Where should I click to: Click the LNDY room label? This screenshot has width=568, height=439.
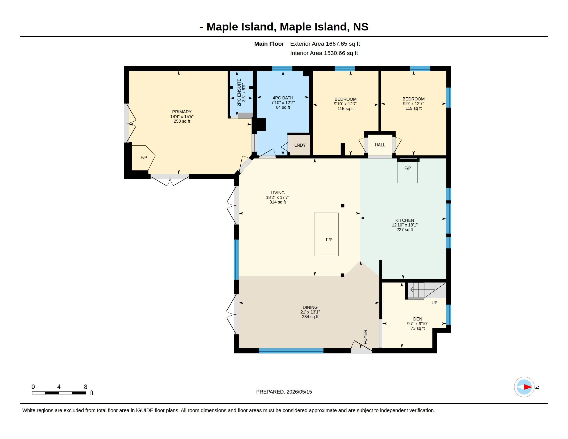[x=300, y=145]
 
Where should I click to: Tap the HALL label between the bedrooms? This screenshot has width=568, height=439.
[x=380, y=145]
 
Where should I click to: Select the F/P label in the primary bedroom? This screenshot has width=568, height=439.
[x=144, y=158]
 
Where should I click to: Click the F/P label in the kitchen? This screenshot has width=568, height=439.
[x=407, y=168]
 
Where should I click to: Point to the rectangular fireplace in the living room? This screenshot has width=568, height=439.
[x=326, y=234]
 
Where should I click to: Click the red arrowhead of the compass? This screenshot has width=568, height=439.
[x=528, y=387]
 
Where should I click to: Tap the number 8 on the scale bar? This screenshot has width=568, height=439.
[x=85, y=387]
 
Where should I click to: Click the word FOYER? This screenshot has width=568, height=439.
[x=365, y=337]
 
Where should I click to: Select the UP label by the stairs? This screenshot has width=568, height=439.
[x=434, y=303]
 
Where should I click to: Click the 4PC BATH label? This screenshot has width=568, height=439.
[x=283, y=98]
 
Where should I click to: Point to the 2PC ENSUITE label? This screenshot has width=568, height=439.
[x=239, y=92]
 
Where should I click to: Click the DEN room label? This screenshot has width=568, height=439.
[x=418, y=319]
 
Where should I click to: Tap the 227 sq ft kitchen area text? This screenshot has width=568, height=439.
[x=405, y=230]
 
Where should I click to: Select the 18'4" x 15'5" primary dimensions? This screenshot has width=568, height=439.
[x=182, y=116]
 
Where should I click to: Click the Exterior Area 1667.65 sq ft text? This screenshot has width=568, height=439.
[x=325, y=44]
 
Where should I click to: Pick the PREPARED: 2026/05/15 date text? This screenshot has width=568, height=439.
[x=284, y=392]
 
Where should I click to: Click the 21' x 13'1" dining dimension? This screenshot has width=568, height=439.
[x=310, y=312]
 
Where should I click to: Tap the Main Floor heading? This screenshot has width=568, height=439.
[x=269, y=44]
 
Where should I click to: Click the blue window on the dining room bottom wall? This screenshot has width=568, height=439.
[x=291, y=351]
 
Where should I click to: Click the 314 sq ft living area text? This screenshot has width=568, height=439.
[x=278, y=202]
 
